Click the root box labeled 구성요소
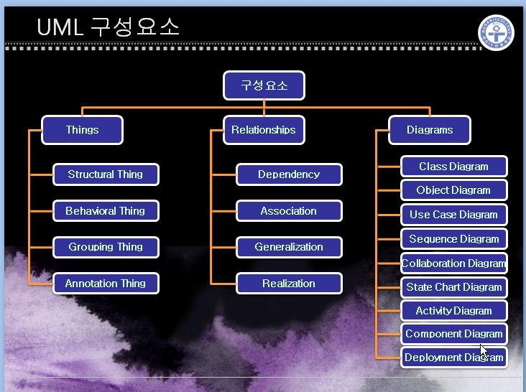(264, 85)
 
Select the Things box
(82, 130)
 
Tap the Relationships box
(264, 130)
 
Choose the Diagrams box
(430, 130)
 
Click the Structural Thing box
(106, 174)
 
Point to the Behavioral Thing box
(106, 211)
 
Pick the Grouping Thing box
(106, 247)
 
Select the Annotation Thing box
(106, 284)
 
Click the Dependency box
(289, 174)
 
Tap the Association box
(289, 211)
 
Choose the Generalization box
(289, 247)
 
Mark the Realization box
(289, 284)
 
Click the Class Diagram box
(454, 166)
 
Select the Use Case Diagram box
(454, 215)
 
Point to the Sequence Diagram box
(454, 239)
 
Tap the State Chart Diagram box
(454, 287)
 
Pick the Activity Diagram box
(454, 311)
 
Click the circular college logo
(496, 32)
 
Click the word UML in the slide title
(60, 27)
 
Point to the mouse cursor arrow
(484, 351)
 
